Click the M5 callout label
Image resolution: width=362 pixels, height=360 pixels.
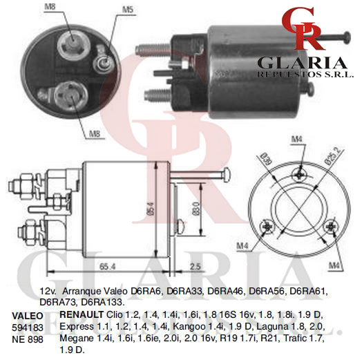[128, 10]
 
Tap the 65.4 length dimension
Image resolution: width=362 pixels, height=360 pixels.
[107, 267]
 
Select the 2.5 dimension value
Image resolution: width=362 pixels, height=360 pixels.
[195, 266]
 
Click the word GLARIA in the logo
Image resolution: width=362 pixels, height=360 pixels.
[302, 63]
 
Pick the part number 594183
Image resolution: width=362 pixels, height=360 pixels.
[28, 328]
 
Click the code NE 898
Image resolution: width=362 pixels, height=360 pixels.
[28, 339]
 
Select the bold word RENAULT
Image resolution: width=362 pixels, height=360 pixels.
[82, 314]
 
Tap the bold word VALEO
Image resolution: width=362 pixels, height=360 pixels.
[28, 316]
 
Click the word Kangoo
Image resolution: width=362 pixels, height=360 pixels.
[189, 326]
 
